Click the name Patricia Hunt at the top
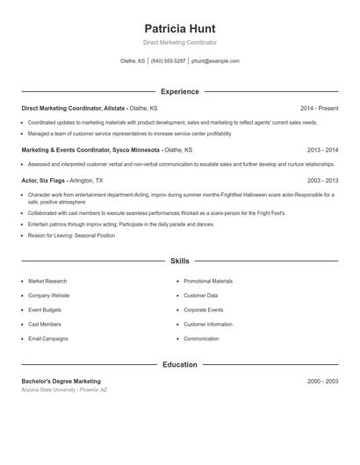coord(179,28)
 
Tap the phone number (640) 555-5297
coord(169,61)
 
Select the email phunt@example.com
coord(215,61)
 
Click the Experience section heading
coord(179,91)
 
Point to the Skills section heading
coord(179,261)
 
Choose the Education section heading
coord(179,364)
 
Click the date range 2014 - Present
coord(319,108)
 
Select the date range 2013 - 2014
coord(322,150)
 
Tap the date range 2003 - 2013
coord(322,180)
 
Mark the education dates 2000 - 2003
coord(322,382)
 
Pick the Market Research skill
coord(47,282)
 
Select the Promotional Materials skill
coord(208,282)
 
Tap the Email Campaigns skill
coord(47,339)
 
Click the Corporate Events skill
coord(203,310)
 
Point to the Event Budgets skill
coord(46,310)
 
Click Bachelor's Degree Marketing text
coord(61,382)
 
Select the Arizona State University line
coord(64,390)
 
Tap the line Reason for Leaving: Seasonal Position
coord(71,235)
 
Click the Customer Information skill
coord(208,325)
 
